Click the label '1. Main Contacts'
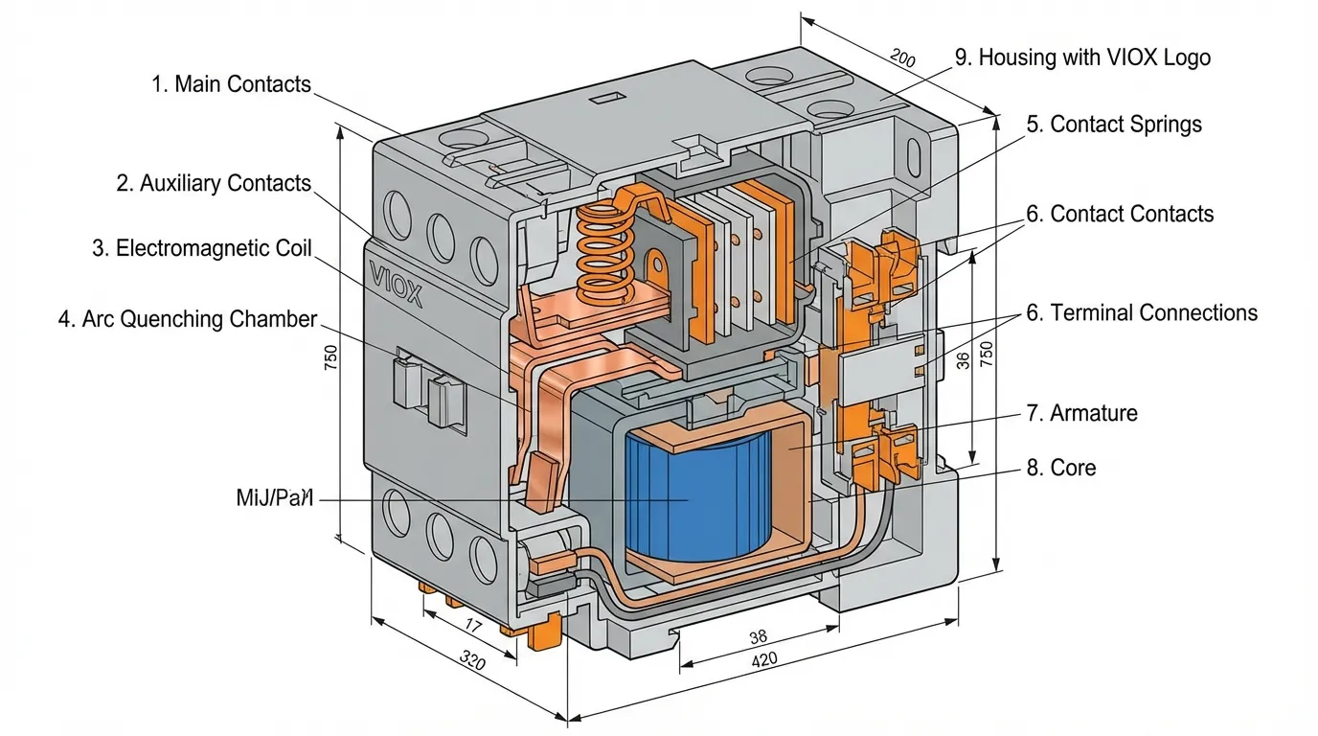tap(232, 84)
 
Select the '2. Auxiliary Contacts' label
tap(214, 183)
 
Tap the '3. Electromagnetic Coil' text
tap(202, 249)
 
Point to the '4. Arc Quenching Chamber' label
tap(187, 319)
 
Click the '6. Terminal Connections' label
tap(1142, 313)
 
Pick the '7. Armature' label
tap(1081, 413)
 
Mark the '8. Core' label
tap(1060, 468)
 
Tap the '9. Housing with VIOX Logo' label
tap(1082, 57)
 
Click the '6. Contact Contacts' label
tap(1120, 214)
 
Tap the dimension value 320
tap(472, 661)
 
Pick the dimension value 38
tap(758, 636)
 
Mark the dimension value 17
tap(472, 625)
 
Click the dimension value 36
tap(963, 358)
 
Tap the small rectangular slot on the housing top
tap(606, 98)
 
